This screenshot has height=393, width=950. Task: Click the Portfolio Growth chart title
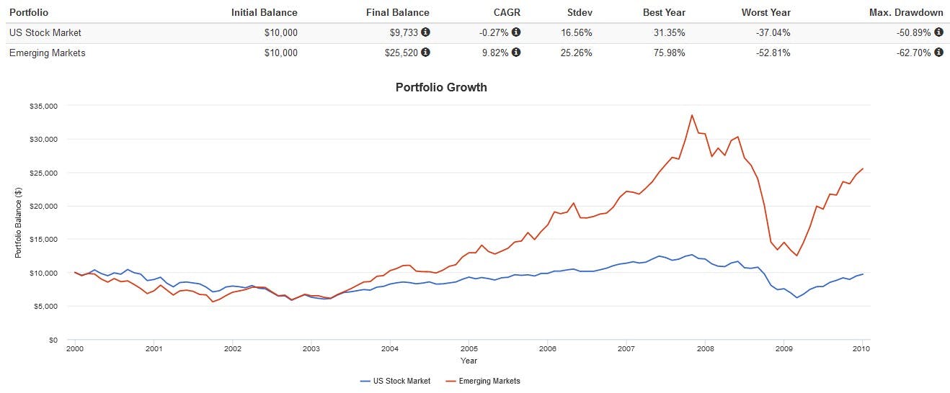(441, 88)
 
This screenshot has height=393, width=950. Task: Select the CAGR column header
(507, 12)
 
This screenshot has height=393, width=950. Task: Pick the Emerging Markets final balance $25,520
(401, 53)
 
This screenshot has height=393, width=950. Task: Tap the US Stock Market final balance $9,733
(404, 32)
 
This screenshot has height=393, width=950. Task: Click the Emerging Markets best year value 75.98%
(667, 53)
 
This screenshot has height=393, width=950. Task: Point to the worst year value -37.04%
(771, 32)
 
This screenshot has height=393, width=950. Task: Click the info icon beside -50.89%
(938, 32)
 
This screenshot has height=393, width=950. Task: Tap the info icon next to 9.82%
(516, 53)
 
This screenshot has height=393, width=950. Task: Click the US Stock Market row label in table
(45, 32)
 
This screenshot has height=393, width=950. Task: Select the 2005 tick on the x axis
(469, 349)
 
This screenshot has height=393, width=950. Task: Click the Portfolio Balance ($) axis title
(18, 222)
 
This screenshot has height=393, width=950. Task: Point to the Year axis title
(469, 361)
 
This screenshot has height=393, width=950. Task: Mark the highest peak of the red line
(692, 115)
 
